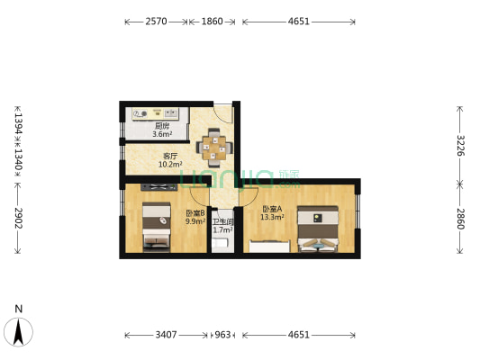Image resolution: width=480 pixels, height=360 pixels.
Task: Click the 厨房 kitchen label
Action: (163, 126)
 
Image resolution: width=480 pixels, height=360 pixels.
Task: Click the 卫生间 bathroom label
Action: (222, 221)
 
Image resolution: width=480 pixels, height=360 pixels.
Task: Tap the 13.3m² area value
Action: (272, 217)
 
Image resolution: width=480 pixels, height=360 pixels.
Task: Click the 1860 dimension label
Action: (213, 21)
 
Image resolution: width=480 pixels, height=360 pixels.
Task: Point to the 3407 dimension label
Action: (168, 335)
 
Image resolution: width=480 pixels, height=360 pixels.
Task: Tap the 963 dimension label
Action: (222, 335)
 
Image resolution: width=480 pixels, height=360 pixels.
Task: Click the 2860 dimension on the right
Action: (460, 218)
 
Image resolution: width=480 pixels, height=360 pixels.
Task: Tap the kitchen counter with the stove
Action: (156, 113)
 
